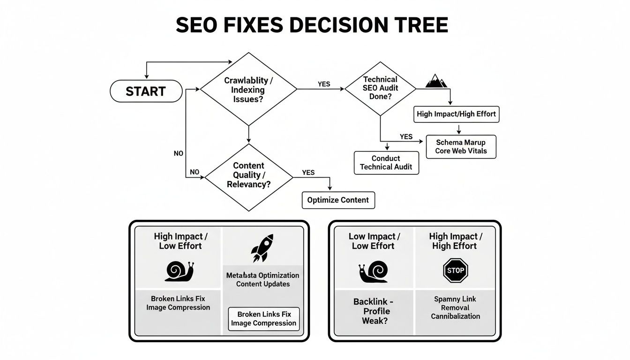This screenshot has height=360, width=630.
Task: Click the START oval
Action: (146, 91)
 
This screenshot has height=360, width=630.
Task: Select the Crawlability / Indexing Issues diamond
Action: (248, 90)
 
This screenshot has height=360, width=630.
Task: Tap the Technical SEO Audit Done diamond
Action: (380, 88)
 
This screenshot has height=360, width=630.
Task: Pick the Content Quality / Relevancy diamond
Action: (248, 175)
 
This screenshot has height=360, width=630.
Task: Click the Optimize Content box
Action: (338, 200)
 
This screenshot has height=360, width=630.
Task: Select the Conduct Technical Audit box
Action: (386, 163)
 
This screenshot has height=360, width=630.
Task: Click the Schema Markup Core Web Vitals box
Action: (461, 147)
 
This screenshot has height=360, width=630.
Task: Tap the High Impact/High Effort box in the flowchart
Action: (456, 114)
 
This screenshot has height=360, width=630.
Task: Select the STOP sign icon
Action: (455, 270)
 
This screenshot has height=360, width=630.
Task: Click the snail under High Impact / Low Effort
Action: (179, 271)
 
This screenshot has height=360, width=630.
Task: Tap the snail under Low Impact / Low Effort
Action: (373, 272)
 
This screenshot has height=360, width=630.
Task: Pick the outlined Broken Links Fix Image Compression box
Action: (264, 319)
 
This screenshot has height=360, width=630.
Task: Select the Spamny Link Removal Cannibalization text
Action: (455, 307)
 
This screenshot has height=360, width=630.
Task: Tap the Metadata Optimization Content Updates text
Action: (262, 279)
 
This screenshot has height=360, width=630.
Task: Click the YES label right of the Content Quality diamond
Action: (308, 172)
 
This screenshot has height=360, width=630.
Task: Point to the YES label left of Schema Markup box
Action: (406, 137)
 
